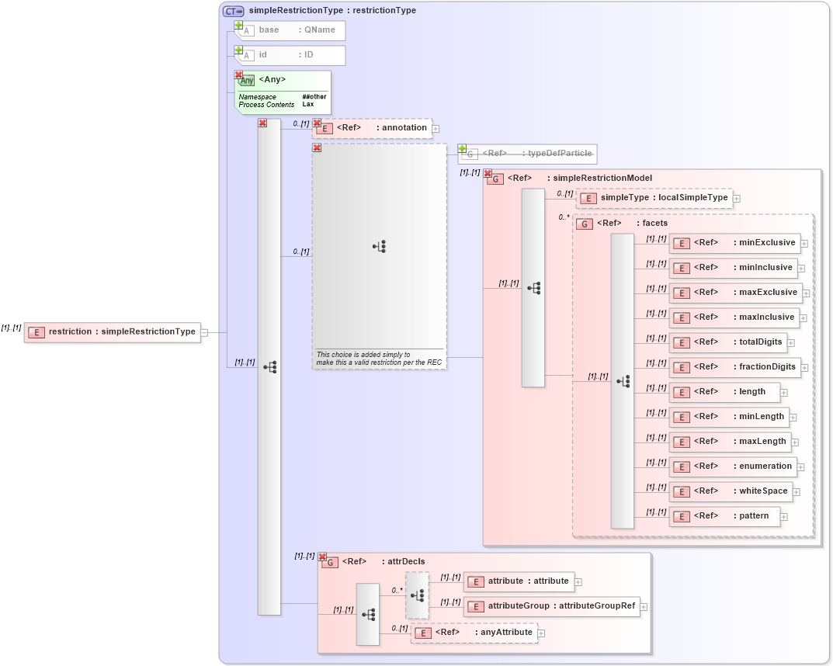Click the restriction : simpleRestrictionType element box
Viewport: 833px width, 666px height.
click(x=113, y=332)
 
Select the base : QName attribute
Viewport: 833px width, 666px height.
click(x=290, y=30)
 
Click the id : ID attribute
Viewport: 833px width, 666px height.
click(x=290, y=55)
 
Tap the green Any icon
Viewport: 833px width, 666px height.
click(x=247, y=80)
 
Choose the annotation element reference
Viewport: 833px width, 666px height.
click(x=372, y=128)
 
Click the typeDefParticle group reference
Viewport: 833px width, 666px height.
click(x=527, y=154)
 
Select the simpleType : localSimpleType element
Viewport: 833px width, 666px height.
click(x=654, y=198)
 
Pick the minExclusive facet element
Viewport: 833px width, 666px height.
click(x=734, y=243)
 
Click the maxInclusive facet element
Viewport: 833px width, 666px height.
click(x=734, y=317)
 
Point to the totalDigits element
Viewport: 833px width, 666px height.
click(x=728, y=342)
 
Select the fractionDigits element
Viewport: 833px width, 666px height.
click(x=734, y=367)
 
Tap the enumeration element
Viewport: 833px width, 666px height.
click(x=732, y=467)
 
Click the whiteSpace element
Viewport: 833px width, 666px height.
click(x=730, y=491)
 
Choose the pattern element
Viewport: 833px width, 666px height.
click(x=724, y=516)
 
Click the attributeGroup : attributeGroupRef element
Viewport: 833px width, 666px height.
click(x=551, y=606)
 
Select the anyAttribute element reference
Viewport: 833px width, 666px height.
click(x=474, y=633)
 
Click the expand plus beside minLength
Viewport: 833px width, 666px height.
click(x=793, y=418)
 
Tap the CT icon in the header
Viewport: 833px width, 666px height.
click(x=233, y=11)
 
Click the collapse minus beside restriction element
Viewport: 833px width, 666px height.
click(x=205, y=333)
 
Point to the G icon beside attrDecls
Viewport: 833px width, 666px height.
click(x=330, y=563)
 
